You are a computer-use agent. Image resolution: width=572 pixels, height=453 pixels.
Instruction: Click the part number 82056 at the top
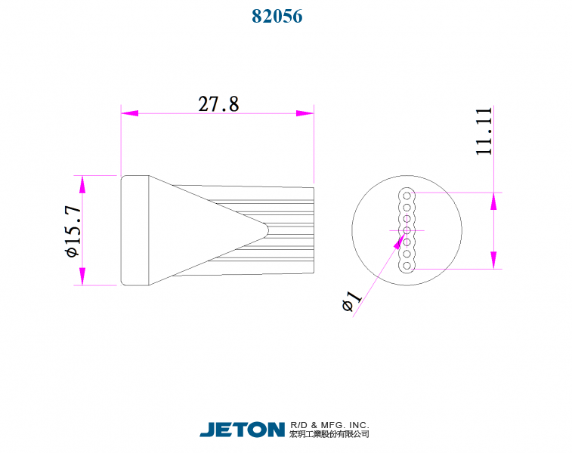click(277, 16)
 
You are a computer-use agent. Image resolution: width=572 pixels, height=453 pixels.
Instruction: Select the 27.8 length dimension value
click(218, 104)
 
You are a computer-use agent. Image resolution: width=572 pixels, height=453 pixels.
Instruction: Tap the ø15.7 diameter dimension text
click(73, 231)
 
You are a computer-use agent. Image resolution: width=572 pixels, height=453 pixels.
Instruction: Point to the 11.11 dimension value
click(484, 131)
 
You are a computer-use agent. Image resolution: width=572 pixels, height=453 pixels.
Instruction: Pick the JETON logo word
click(242, 430)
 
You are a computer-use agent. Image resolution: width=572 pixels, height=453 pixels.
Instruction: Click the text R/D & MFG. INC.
click(329, 425)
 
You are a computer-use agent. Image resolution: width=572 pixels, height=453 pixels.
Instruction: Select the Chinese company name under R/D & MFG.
click(329, 435)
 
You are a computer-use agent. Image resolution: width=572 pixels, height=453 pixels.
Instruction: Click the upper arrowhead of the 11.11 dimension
click(494, 202)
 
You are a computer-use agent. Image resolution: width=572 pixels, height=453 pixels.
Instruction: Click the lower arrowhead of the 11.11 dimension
click(494, 259)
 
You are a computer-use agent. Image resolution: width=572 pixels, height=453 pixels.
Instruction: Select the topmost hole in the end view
click(407, 195)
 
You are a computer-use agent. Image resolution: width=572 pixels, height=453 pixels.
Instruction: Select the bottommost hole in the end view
click(407, 265)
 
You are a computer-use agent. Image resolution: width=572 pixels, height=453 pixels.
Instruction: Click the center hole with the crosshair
click(407, 230)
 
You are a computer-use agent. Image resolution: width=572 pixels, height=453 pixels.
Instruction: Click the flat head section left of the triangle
click(134, 230)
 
